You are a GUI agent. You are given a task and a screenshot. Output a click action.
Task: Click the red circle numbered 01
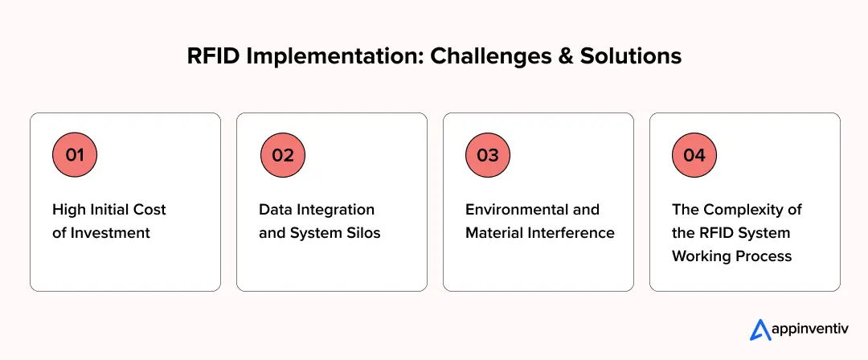click(x=74, y=155)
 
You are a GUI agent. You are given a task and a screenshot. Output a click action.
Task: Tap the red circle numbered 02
click(x=283, y=155)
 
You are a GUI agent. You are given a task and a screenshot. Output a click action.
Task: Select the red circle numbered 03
click(x=488, y=155)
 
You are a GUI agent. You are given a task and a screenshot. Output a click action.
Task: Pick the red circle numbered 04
click(x=694, y=155)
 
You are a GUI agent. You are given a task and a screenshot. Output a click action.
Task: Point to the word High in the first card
click(x=68, y=210)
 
